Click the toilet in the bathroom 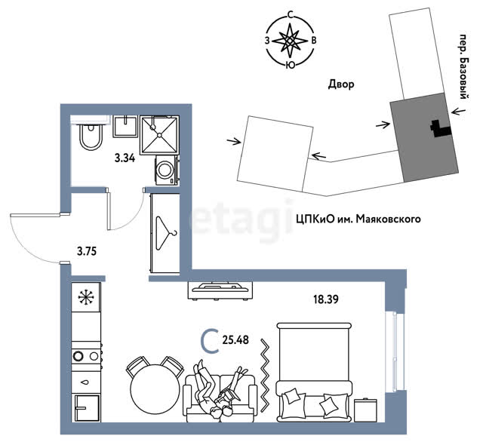click(91, 137)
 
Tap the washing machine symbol click(166, 170)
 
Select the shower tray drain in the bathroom click(159, 135)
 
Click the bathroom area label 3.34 click(125, 158)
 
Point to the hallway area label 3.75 click(87, 251)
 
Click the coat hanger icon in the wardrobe click(166, 233)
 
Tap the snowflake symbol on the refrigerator click(86, 297)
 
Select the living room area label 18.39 click(326, 299)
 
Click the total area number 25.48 click(235, 340)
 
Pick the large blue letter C click(210, 341)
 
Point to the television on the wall click(220, 289)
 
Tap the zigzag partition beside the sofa click(264, 375)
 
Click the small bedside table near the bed click(365, 410)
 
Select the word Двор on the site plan click(341, 84)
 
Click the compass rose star click(290, 41)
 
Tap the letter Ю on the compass click(290, 64)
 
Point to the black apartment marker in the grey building click(441, 128)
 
